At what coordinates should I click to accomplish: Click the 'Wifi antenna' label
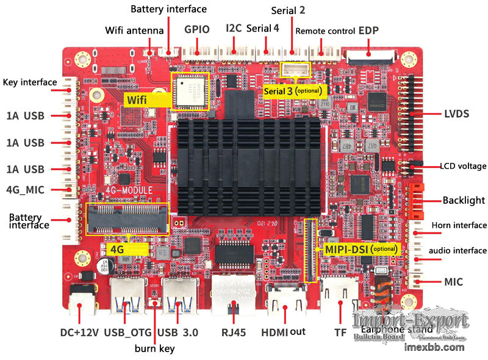(x=134, y=30)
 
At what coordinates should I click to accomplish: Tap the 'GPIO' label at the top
(x=196, y=29)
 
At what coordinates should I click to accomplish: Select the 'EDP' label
(x=368, y=31)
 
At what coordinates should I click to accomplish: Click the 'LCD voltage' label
(x=463, y=166)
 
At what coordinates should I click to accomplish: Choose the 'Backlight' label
(x=464, y=200)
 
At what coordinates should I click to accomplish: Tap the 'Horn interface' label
(x=459, y=225)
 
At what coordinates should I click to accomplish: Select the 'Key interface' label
(x=30, y=82)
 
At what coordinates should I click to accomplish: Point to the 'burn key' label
(x=154, y=348)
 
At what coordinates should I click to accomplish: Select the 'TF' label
(x=340, y=333)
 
